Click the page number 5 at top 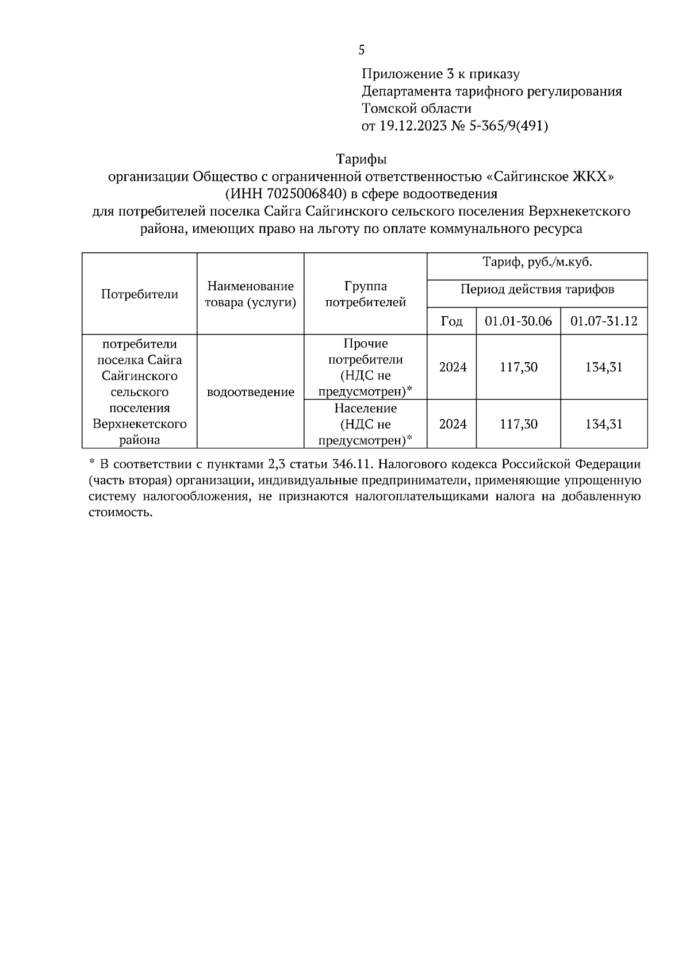click(361, 51)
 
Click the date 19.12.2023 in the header click(412, 126)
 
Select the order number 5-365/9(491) click(511, 126)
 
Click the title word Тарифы click(361, 158)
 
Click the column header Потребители click(140, 294)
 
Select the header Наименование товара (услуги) click(250, 294)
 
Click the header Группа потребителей click(365, 294)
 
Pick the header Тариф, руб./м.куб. click(537, 263)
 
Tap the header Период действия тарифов click(537, 289)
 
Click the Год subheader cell click(452, 321)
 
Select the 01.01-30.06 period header click(518, 321)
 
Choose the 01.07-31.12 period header click(604, 321)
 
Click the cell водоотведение click(250, 392)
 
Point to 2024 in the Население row click(453, 424)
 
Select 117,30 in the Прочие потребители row click(518, 367)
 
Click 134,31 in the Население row click(604, 424)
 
